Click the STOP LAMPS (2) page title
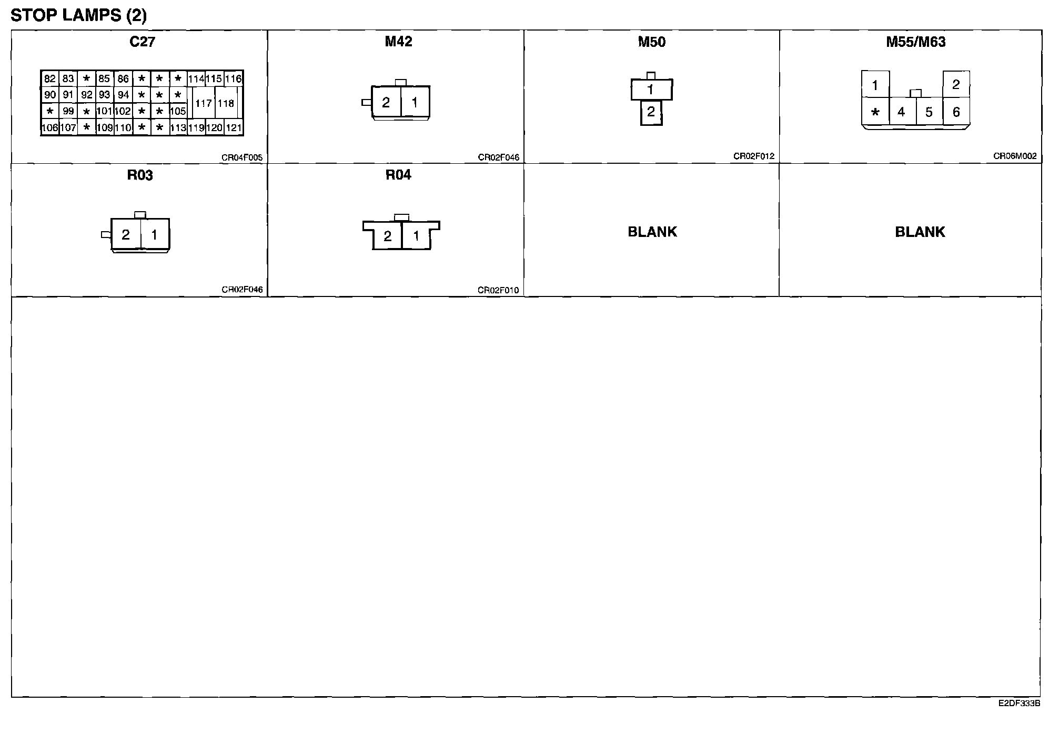pyautogui.click(x=79, y=15)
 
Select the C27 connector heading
pyautogui.click(x=142, y=42)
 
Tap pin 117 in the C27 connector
pyautogui.click(x=204, y=103)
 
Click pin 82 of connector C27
pyautogui.click(x=50, y=79)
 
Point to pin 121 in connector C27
pyautogui.click(x=234, y=127)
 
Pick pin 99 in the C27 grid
pyautogui.click(x=68, y=111)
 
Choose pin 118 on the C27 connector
pyautogui.click(x=226, y=103)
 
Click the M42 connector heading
pyautogui.click(x=398, y=42)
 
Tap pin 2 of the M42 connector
pyautogui.click(x=386, y=103)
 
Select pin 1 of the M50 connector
pyautogui.click(x=651, y=90)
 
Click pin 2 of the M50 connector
pyautogui.click(x=651, y=112)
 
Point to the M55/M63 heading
pyautogui.click(x=916, y=42)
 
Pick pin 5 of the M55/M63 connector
pyautogui.click(x=929, y=112)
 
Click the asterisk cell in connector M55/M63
pyautogui.click(x=875, y=112)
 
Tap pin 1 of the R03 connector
pyautogui.click(x=155, y=235)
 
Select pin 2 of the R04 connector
pyautogui.click(x=388, y=236)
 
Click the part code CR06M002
pyautogui.click(x=1015, y=156)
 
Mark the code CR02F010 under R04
pyautogui.click(x=498, y=290)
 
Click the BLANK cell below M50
pyautogui.click(x=652, y=232)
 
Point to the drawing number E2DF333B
pyautogui.click(x=1019, y=704)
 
